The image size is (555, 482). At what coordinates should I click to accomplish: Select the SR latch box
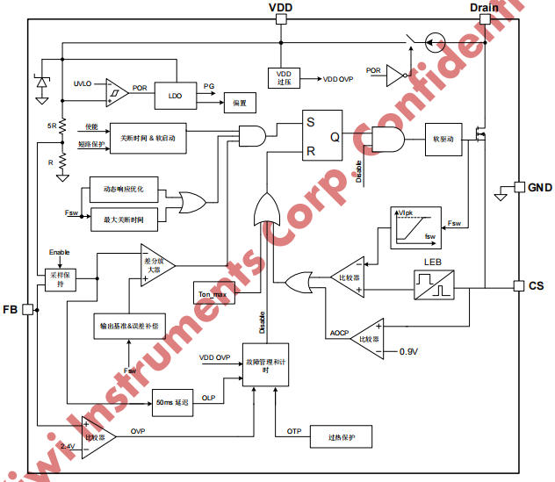pos(322,136)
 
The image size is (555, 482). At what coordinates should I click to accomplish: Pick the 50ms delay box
pos(171,400)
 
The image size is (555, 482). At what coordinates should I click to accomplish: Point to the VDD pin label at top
pos(280,8)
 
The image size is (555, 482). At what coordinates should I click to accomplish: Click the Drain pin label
pos(484,8)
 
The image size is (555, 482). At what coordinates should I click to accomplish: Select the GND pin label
pos(539,187)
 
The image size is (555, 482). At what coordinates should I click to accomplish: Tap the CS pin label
pos(537,286)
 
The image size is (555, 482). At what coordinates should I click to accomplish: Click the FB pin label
pos(11,310)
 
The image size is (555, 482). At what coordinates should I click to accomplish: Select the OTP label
pos(293,431)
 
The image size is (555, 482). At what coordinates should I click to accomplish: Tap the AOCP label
pos(338,333)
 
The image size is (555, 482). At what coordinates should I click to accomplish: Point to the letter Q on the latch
pos(335,136)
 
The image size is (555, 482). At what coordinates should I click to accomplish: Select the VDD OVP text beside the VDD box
pos(337,79)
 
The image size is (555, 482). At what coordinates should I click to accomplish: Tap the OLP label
pos(208,398)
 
